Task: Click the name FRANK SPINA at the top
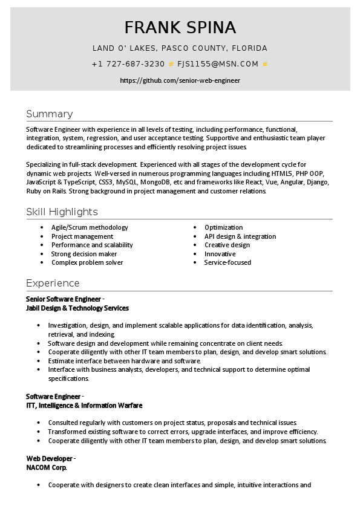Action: [x=180, y=28]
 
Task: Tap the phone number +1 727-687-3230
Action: [x=128, y=64]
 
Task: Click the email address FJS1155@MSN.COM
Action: [x=218, y=64]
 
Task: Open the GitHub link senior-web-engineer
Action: [x=180, y=80]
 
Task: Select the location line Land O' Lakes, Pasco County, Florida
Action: [x=180, y=48]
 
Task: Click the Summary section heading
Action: [x=49, y=114]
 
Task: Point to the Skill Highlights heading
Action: [x=62, y=212]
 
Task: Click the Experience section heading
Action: [x=53, y=283]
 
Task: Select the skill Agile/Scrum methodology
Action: [x=90, y=227]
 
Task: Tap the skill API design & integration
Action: [x=240, y=236]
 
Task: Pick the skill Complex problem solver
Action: [x=87, y=262]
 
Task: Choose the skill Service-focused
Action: [x=227, y=262]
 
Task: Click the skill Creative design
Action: [x=227, y=245]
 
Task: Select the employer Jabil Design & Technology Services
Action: [x=77, y=308]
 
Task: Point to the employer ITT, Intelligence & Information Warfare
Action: [x=84, y=405]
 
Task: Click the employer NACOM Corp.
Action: [x=47, y=467]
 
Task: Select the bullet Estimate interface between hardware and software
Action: [x=116, y=360]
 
